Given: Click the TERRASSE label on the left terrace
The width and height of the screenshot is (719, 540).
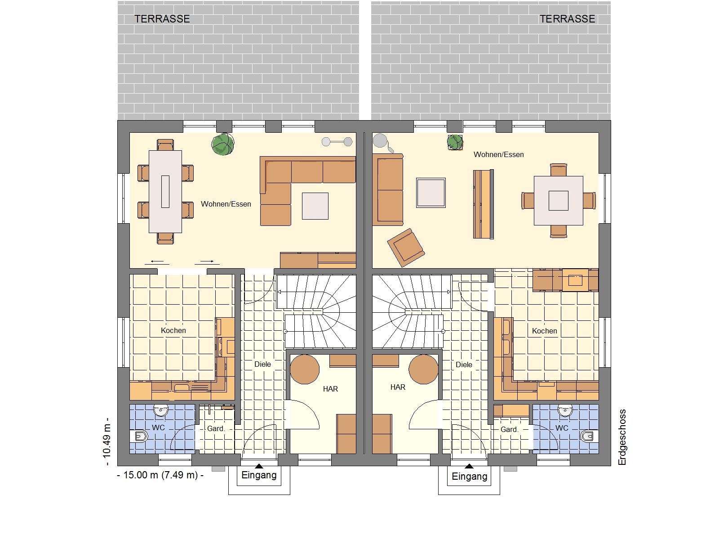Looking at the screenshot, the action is (x=162, y=19).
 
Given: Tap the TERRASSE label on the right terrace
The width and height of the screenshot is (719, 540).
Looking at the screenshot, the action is (x=568, y=19).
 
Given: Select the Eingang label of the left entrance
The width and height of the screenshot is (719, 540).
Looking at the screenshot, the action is (x=259, y=475).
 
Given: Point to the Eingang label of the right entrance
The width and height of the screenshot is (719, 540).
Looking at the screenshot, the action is (x=470, y=477).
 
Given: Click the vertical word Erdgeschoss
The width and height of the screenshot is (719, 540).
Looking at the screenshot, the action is (x=622, y=437).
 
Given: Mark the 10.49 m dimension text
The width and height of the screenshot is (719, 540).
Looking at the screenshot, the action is (x=107, y=441).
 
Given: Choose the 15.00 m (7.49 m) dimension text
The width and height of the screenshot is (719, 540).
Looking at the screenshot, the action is (x=160, y=475).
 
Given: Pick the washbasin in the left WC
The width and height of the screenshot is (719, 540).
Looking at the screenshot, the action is (x=161, y=410).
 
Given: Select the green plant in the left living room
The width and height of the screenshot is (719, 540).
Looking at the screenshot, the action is (x=223, y=144).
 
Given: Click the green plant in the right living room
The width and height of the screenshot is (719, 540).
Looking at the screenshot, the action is (x=455, y=142).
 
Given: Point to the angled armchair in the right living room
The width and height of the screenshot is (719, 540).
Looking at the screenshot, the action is (x=406, y=247).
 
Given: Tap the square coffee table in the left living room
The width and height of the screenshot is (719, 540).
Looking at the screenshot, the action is (x=315, y=206).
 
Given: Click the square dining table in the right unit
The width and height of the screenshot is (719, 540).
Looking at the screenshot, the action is (x=559, y=201).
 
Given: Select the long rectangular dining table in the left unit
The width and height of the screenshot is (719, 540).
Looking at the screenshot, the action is (x=165, y=192).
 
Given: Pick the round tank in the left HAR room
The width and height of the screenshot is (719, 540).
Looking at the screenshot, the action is (x=305, y=369).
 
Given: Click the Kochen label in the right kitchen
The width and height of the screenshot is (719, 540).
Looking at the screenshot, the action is (x=544, y=331).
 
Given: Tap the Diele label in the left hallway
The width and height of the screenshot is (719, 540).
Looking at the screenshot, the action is (x=263, y=364).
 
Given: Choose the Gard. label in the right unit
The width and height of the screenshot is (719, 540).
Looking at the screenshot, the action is (x=509, y=429).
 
